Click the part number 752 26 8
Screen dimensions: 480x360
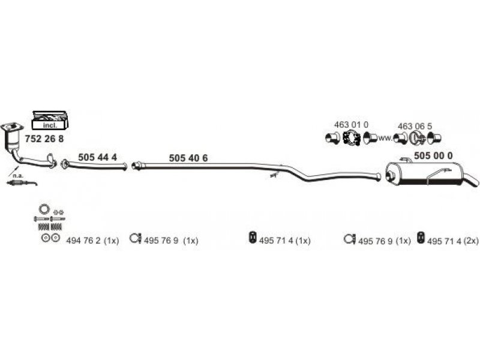tap(44, 139)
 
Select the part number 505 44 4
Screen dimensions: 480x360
tap(97, 157)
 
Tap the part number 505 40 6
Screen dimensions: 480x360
tap(188, 158)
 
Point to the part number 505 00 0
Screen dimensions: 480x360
tap(433, 155)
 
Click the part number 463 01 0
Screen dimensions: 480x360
tap(351, 125)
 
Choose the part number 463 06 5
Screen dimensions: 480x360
tap(415, 126)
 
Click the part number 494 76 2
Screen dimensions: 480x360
tap(83, 241)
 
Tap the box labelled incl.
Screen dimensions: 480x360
tap(50, 120)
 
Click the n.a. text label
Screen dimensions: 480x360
tap(18, 176)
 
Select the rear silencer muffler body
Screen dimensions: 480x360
tap(424, 174)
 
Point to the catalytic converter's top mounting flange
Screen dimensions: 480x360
tap(12, 127)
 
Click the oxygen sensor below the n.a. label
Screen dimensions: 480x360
tap(22, 184)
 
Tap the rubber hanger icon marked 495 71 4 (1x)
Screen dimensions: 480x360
tap(252, 237)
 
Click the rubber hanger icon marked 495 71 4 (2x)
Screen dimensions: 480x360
tap(421, 238)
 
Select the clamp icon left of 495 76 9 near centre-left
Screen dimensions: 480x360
tap(134, 238)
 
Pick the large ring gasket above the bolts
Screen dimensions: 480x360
tap(44, 209)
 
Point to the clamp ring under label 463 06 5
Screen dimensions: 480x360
tap(416, 138)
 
